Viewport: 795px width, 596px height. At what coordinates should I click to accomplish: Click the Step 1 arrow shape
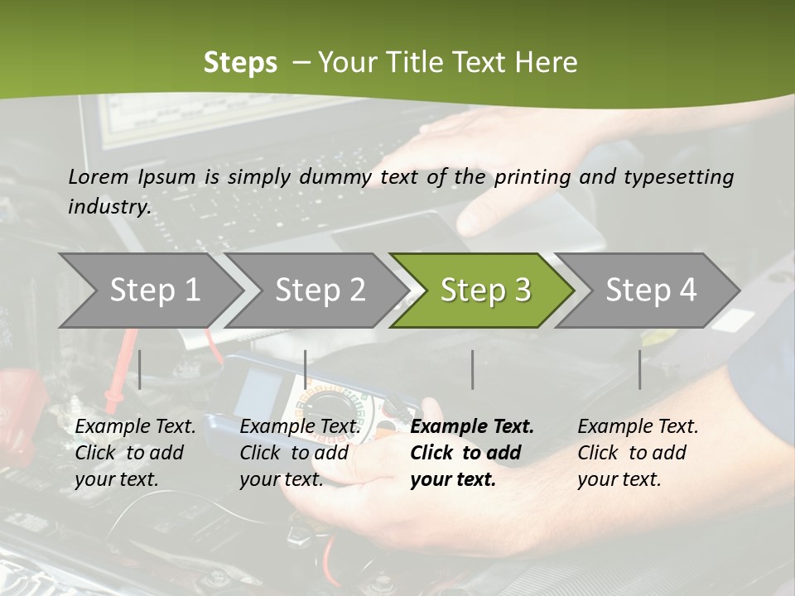(x=153, y=291)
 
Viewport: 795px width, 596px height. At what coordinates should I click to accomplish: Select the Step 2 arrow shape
(x=319, y=291)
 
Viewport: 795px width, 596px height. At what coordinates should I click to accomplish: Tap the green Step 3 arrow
(x=484, y=291)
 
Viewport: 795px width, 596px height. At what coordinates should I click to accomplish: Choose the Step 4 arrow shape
(x=650, y=291)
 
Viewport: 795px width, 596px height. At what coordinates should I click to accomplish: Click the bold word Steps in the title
(x=240, y=63)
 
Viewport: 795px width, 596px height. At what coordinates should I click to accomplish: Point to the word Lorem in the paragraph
(x=98, y=176)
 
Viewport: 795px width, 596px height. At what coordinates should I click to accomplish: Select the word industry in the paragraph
(x=108, y=206)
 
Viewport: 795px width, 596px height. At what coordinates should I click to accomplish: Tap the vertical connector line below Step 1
(x=140, y=369)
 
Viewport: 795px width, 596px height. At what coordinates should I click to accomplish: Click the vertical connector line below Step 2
(x=306, y=369)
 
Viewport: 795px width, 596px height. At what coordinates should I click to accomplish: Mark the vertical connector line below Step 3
(x=472, y=369)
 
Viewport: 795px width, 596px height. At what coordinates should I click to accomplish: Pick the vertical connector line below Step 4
(x=639, y=369)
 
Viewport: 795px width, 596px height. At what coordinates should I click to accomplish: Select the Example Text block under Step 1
(x=135, y=452)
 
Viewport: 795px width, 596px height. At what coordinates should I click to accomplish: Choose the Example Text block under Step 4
(x=638, y=452)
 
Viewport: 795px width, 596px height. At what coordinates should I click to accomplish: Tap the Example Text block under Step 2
(x=300, y=452)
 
